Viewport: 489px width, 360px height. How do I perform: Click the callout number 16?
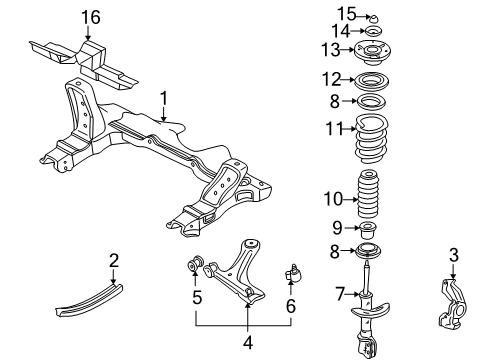tap(92, 17)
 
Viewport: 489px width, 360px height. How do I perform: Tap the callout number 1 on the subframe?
tap(163, 99)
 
